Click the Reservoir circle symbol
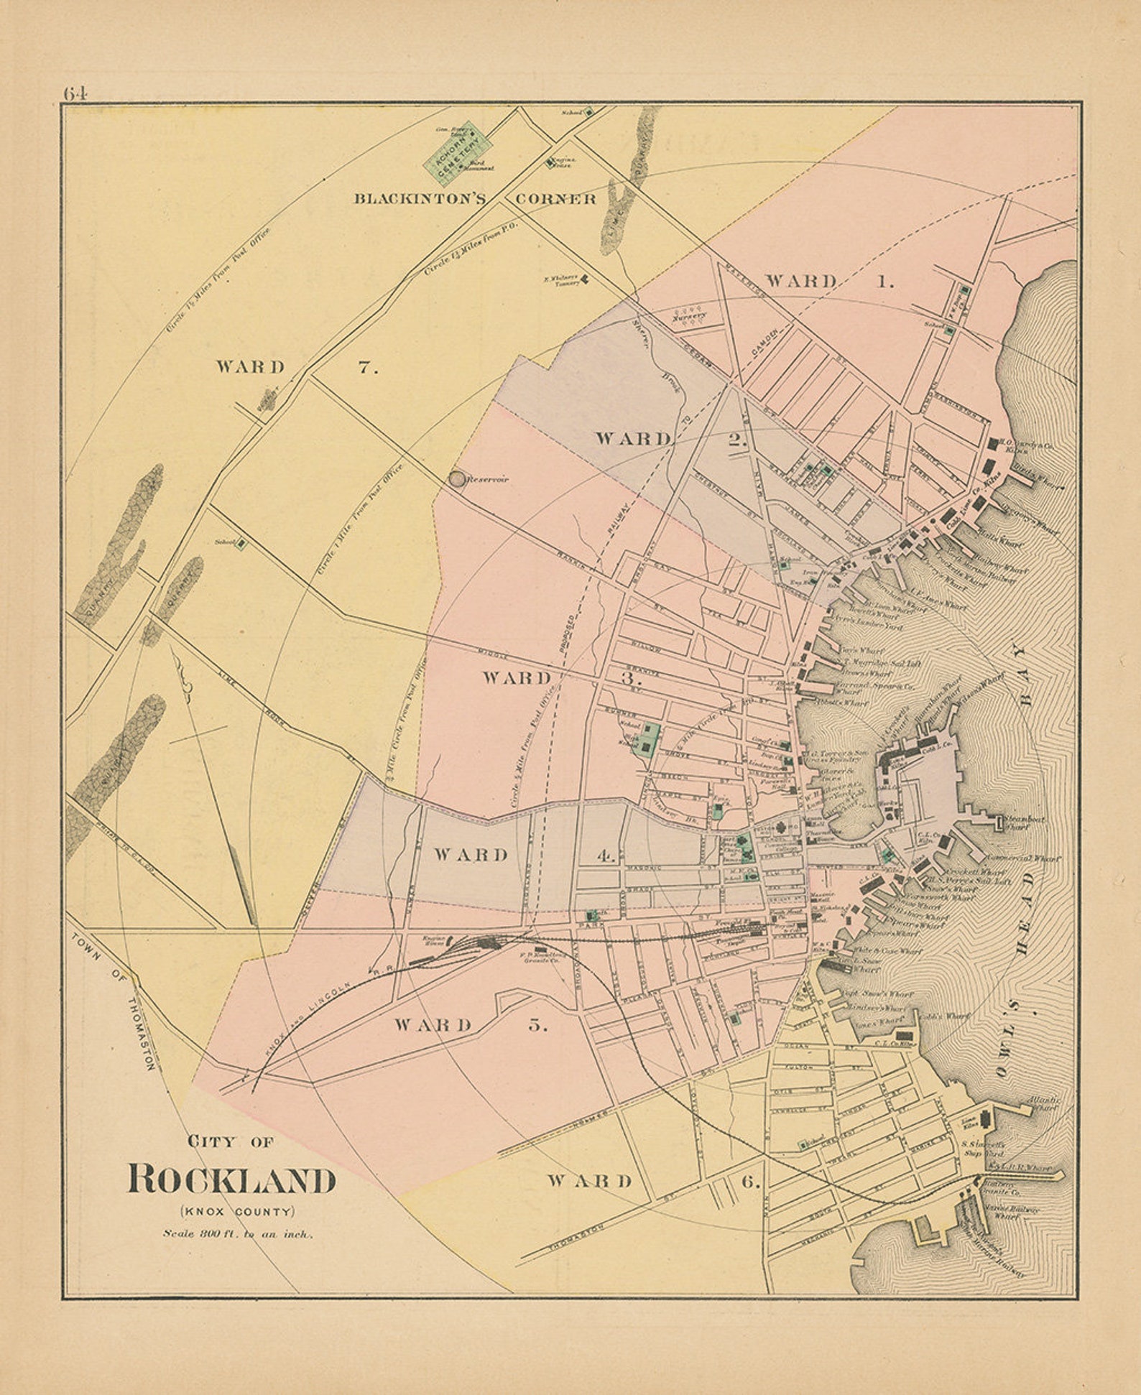click(457, 478)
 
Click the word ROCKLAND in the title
click(231, 1180)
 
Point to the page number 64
click(74, 93)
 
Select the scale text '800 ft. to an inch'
click(237, 1234)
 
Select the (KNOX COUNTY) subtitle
click(237, 1211)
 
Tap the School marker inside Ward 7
click(241, 544)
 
